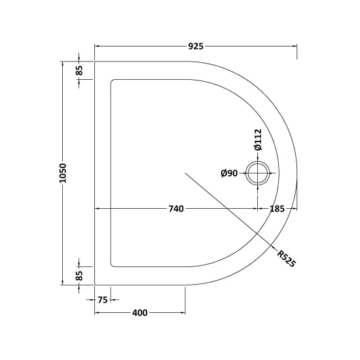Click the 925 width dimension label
196,46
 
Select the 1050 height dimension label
62,173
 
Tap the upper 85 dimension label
79,71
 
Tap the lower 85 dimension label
79,276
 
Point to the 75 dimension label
103,300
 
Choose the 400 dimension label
140,313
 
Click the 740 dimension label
176,209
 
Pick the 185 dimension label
277,209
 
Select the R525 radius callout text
286,259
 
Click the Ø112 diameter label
258,139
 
